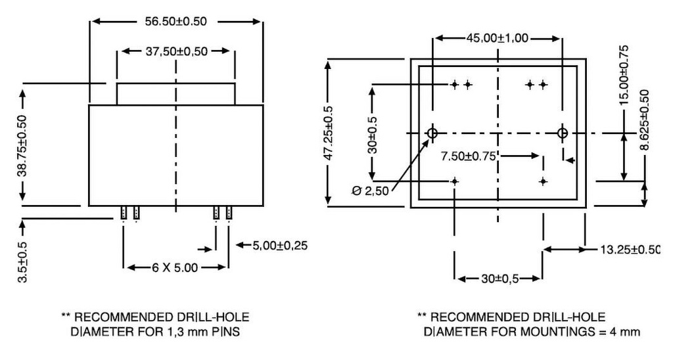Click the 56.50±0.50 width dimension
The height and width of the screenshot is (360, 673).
[175, 21]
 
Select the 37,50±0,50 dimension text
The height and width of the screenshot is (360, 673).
[175, 52]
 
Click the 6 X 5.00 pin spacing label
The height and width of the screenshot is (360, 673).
[175, 267]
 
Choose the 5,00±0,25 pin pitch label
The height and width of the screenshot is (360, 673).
[281, 246]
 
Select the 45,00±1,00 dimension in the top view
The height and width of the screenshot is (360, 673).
[498, 38]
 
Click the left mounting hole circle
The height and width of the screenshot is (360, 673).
[432, 133]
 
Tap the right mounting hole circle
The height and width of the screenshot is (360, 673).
[562, 133]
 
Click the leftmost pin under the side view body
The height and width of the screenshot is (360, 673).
[123, 212]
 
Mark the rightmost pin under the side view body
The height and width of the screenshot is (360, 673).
[229, 212]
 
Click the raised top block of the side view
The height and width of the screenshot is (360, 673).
[175, 93]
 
